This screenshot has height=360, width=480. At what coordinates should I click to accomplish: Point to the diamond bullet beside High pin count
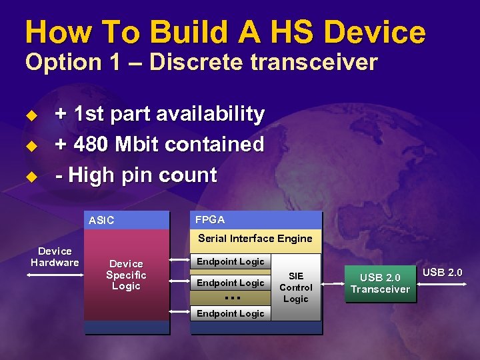29,177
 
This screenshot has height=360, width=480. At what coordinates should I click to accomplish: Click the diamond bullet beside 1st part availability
29,115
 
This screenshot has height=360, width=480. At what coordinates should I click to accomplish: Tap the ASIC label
101,221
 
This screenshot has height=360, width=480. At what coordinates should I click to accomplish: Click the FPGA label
209,219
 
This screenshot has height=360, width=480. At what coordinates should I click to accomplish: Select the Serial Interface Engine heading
255,238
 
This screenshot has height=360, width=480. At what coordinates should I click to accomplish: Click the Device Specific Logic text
126,275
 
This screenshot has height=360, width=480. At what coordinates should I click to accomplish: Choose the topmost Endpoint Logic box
231,262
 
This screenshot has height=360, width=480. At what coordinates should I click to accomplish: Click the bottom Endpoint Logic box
231,313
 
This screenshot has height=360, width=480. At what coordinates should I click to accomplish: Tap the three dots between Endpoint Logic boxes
232,297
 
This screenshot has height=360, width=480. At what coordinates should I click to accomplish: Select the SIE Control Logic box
296,287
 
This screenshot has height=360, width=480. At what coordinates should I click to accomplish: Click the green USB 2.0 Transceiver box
380,283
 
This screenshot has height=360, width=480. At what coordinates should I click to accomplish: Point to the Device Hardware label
55,257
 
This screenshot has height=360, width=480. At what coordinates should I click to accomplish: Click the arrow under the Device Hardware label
55,273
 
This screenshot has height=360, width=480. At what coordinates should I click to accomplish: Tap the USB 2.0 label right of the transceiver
442,272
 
